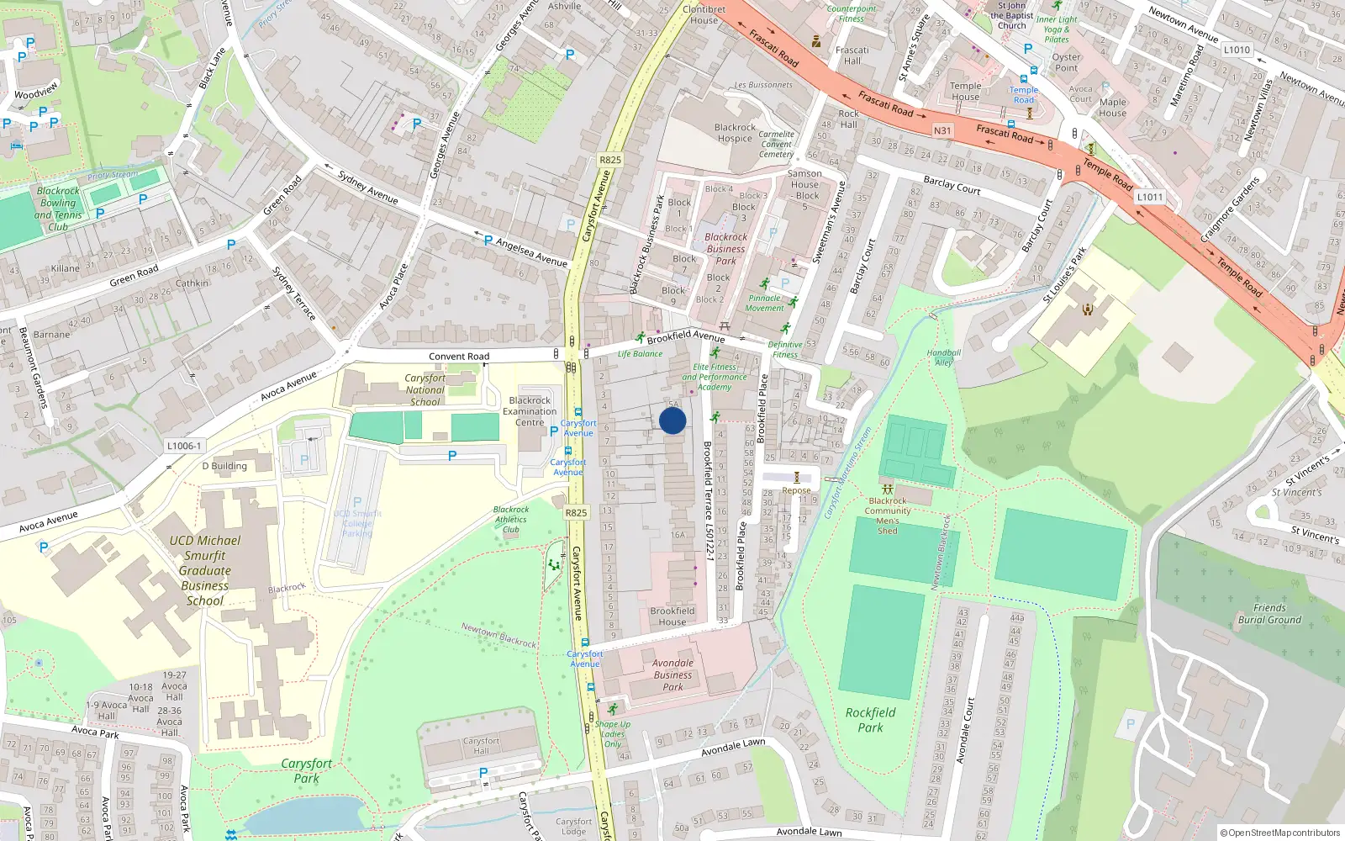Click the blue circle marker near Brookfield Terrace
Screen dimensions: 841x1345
[x=672, y=420]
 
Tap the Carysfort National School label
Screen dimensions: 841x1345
[x=425, y=390]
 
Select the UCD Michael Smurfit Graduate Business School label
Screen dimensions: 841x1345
[x=205, y=570]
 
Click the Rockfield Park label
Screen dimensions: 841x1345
[x=870, y=720]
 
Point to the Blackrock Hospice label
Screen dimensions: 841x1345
[x=735, y=133]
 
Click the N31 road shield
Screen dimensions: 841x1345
[x=942, y=130]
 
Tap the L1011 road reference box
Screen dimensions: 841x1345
[x=1149, y=197]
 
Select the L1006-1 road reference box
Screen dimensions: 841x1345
[x=184, y=447]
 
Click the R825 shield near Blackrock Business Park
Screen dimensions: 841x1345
[x=610, y=160]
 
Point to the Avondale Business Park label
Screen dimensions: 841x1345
[x=672, y=674]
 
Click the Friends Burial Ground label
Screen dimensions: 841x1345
[x=1269, y=614]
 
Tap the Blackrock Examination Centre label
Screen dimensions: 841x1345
[x=530, y=411]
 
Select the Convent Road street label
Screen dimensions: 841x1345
[x=459, y=357]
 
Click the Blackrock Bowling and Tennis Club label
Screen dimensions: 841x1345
[x=58, y=209]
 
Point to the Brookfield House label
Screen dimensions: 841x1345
[x=672, y=616]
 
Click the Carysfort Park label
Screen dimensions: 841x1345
[x=306, y=770]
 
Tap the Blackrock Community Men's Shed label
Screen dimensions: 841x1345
[x=888, y=516]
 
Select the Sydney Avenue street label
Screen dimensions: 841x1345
[x=367, y=187]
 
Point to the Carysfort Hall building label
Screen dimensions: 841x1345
[x=481, y=746]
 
